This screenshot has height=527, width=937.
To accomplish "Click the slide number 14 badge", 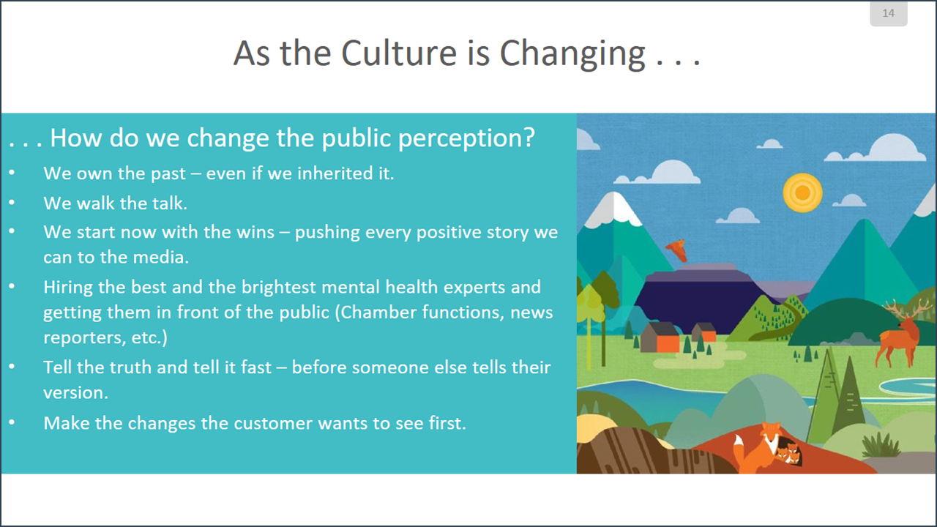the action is tap(889, 13).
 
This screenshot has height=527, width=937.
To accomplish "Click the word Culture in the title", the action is tap(400, 53).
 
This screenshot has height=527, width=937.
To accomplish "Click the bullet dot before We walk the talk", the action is tap(12, 203).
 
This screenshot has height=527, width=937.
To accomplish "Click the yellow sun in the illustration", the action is tap(803, 193).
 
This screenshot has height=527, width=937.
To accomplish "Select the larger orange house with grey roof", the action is tap(661, 337).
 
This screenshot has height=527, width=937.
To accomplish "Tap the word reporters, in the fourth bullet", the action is tap(84, 338).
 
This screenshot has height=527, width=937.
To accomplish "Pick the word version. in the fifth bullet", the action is tap(75, 393).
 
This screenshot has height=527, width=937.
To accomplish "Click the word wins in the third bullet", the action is tap(255, 232).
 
